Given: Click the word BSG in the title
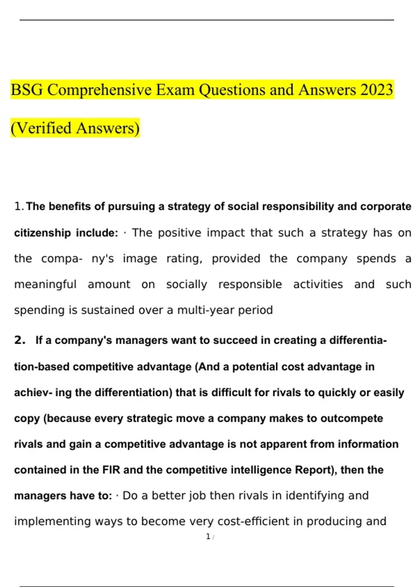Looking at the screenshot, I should pyautogui.click(x=27, y=90).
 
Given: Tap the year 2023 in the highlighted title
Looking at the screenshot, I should pyautogui.click(x=376, y=90).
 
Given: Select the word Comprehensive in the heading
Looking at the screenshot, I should pyautogui.click(x=99, y=90).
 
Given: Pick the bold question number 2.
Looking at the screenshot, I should pyautogui.click(x=20, y=340).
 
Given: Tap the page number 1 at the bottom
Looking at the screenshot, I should pyautogui.click(x=208, y=537).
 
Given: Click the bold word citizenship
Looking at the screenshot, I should pyautogui.click(x=42, y=233).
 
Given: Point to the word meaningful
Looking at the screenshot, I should pyautogui.click(x=45, y=285).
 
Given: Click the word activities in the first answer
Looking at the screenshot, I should pyautogui.click(x=318, y=285).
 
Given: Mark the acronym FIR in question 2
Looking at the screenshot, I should pyautogui.click(x=111, y=470).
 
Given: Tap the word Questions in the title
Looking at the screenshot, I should pyautogui.click(x=232, y=90).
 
